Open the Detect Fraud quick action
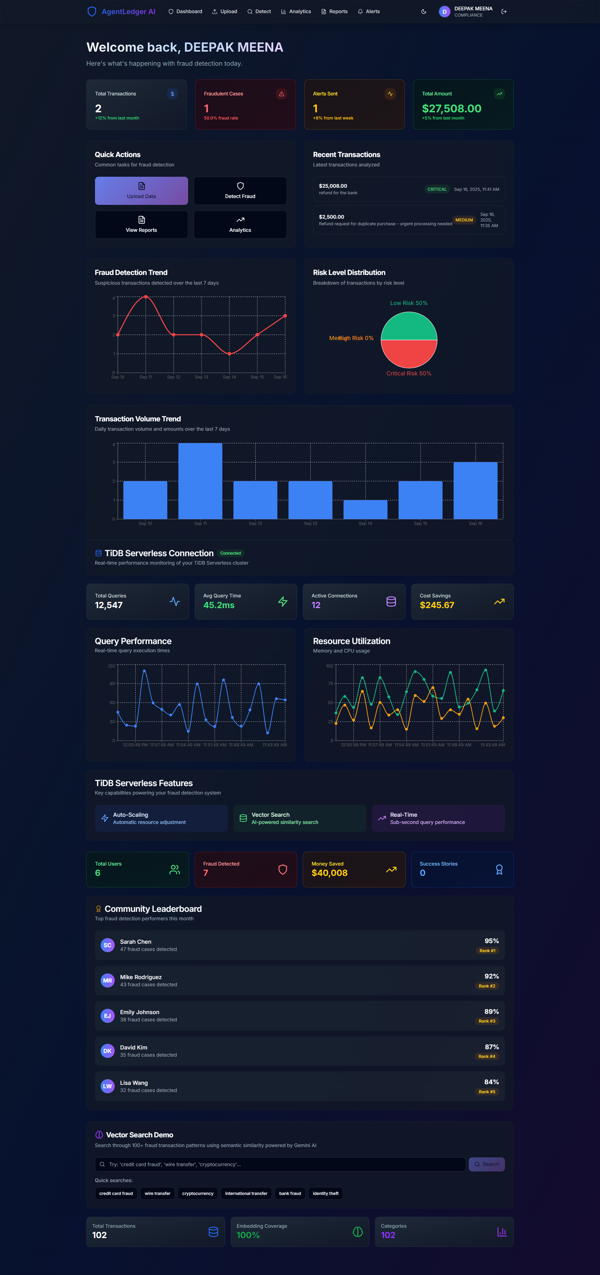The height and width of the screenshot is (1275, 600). (240, 190)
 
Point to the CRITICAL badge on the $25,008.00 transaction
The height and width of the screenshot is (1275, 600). (437, 189)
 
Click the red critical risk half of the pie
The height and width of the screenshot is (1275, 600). (408, 353)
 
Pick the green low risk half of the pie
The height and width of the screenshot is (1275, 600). (408, 327)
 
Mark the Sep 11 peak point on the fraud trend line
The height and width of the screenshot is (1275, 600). (145, 297)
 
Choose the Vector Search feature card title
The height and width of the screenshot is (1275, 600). (271, 815)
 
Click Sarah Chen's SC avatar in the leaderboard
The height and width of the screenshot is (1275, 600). (107, 945)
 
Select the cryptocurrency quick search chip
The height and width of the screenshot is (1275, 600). (197, 1193)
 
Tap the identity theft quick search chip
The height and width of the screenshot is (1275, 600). (326, 1193)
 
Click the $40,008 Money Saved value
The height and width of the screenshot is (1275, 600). (329, 873)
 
